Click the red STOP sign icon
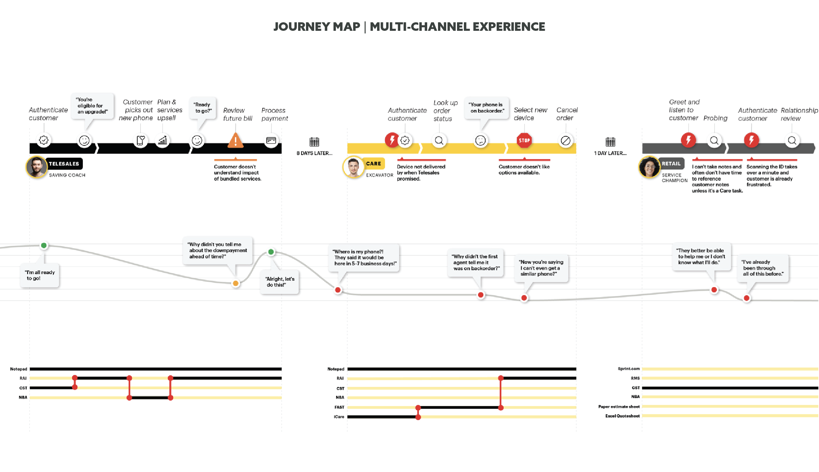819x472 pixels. [524, 140]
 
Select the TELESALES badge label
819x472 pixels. [64, 164]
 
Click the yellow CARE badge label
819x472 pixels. [373, 164]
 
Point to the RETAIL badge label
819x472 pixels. [671, 164]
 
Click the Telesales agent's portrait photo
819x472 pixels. [36, 167]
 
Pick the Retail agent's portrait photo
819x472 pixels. [649, 167]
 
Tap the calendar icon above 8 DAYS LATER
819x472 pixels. [314, 142]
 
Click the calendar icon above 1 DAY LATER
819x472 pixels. [610, 142]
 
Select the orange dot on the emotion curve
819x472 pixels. [236, 283]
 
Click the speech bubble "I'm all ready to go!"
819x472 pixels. [40, 275]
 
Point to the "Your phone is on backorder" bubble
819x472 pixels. [486, 108]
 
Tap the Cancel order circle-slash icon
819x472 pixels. [565, 141]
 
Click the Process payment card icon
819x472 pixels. [271, 141]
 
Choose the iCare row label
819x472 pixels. [339, 417]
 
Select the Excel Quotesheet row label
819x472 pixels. [622, 416]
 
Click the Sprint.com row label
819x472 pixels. [629, 369]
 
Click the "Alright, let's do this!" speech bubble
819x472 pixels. [280, 282]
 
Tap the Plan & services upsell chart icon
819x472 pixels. [162, 141]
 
